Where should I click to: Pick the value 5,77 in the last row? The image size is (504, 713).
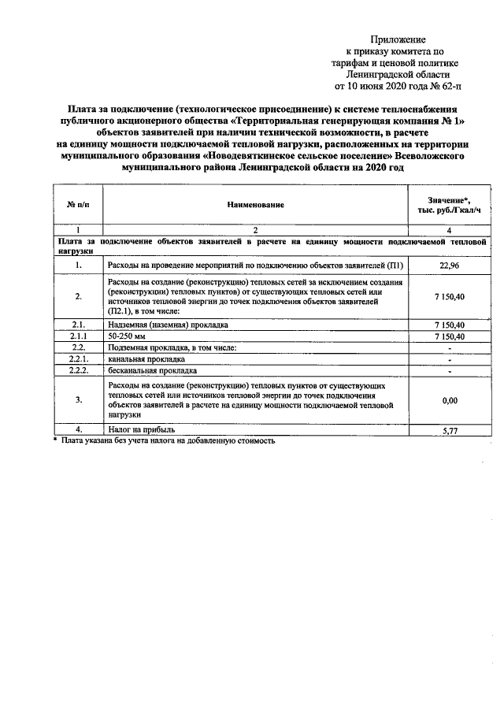tap(449, 429)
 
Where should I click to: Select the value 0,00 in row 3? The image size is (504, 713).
tap(449, 400)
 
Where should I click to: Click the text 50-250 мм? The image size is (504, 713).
tap(127, 336)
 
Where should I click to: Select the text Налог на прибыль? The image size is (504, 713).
tap(142, 429)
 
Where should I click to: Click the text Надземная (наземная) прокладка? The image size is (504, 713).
tap(168, 325)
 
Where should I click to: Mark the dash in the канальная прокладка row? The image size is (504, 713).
tap(449, 359)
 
